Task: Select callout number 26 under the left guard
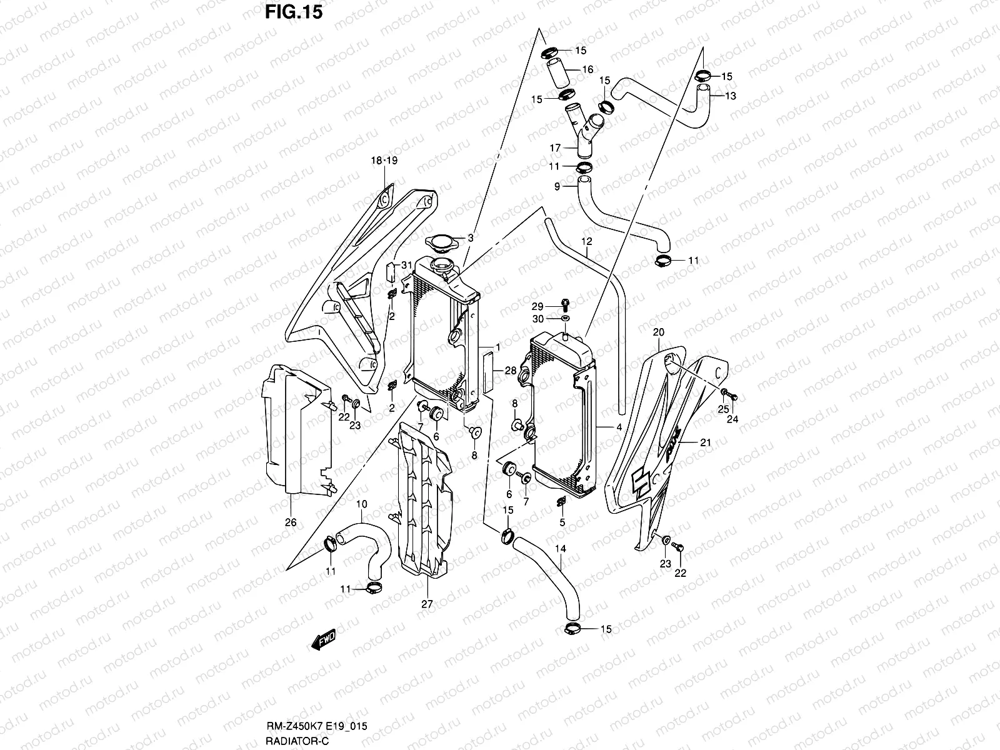(291, 522)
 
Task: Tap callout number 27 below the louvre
(427, 604)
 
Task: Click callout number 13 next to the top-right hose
(731, 96)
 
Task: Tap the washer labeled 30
(566, 319)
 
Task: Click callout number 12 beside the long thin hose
(586, 241)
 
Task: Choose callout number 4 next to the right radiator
(618, 428)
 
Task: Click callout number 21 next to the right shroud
(706, 442)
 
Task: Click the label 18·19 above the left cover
(384, 161)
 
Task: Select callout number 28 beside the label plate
(511, 371)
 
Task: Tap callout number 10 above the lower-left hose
(361, 504)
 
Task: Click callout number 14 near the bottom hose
(561, 549)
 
